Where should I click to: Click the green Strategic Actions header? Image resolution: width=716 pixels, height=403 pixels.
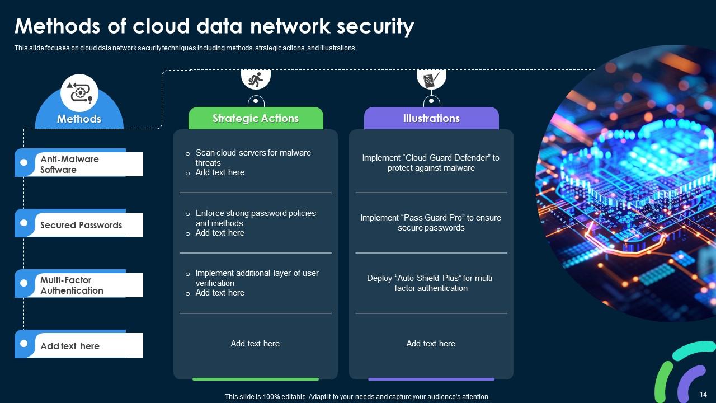coord(256,118)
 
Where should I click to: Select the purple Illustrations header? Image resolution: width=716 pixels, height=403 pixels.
coord(431,118)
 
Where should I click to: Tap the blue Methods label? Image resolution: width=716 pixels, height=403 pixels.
coord(79,119)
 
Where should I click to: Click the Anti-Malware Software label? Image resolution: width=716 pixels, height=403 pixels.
coord(69,164)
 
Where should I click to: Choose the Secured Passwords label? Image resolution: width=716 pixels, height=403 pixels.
coord(81,225)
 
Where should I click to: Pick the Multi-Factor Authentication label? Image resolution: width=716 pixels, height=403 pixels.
coord(72,285)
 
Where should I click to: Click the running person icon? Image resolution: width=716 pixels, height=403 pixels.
coord(256,79)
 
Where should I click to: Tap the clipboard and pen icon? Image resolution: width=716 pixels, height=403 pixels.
coord(431,79)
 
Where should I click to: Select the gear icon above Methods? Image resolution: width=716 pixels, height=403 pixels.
coord(79,93)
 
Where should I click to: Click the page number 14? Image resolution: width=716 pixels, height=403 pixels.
coord(703,395)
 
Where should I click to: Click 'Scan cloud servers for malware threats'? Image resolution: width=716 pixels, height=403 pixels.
coord(253,157)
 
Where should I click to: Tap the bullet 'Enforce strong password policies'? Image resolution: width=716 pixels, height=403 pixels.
coord(256,213)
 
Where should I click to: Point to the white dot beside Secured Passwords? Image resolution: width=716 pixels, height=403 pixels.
coord(23,223)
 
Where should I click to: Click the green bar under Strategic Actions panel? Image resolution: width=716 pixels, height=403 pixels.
coord(256,379)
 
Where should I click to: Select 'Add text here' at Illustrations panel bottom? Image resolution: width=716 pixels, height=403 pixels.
coord(431,344)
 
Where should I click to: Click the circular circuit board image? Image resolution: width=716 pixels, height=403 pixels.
coord(626,190)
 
